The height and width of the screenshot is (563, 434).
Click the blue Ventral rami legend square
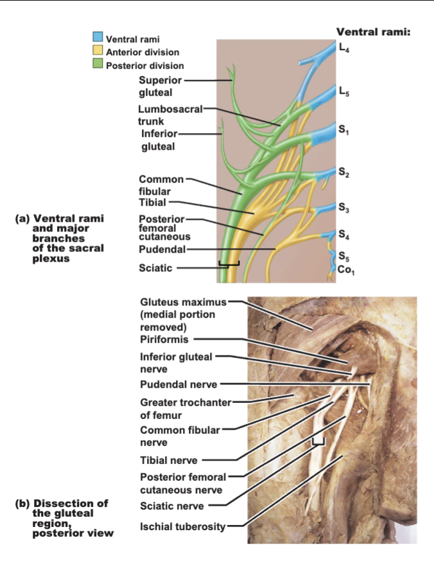coord(98,37)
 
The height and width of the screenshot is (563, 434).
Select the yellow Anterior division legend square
coord(98,50)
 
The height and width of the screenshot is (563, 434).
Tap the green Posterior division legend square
coord(98,63)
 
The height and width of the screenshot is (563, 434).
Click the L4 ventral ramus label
coord(344,48)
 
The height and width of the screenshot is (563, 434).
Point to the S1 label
coord(343,130)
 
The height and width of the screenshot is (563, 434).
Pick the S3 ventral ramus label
coord(343,208)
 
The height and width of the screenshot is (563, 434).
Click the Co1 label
coord(346,270)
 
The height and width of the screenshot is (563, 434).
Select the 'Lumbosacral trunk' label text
coord(170,115)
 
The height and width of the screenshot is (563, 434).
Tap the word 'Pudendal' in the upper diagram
coord(162,249)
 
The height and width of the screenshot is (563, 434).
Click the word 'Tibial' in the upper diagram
coord(152,202)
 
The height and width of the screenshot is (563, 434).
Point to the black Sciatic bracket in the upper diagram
coord(229,264)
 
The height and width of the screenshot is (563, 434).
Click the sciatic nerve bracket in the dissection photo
coord(318,442)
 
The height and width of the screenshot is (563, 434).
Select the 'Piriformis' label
coord(164,339)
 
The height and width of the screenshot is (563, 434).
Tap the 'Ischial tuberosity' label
coord(182,527)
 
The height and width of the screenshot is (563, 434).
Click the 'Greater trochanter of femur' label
coord(186,409)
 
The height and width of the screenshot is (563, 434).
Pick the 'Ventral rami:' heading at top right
coord(373,32)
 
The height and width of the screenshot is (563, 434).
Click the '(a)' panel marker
coord(22,219)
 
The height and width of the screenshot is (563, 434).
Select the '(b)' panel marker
coord(22,503)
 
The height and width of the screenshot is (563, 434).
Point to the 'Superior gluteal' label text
coord(161,86)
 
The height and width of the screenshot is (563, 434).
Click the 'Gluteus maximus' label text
coord(183,302)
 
